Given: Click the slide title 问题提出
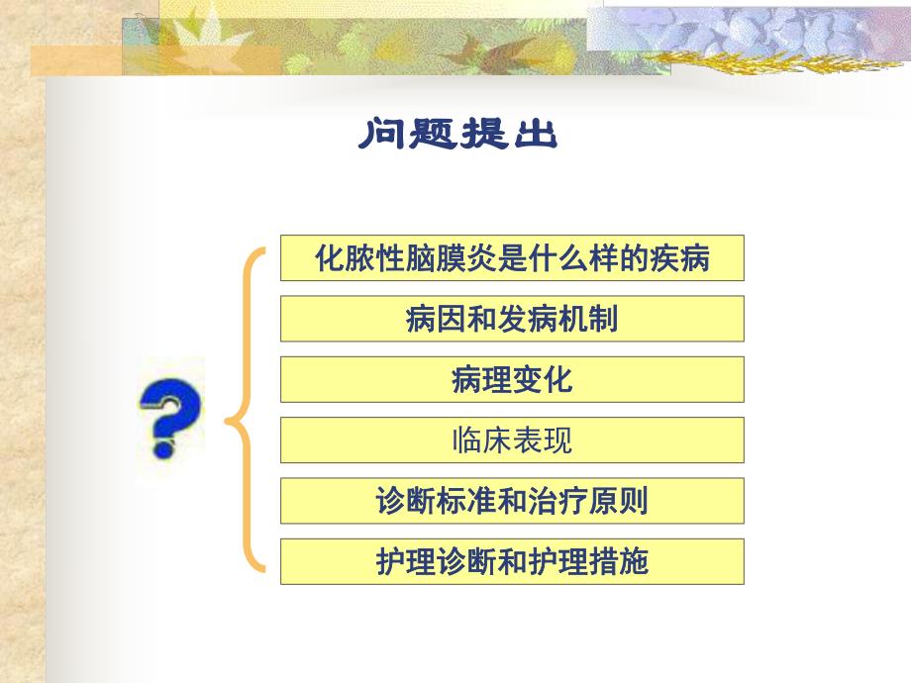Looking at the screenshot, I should point(457,135).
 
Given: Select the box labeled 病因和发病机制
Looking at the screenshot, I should point(512,320).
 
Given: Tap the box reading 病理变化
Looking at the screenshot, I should point(512,380).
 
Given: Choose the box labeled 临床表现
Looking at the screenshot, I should point(512,440).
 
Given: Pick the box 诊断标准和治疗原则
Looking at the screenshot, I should point(512,501).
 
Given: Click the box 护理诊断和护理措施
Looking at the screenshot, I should point(512,561).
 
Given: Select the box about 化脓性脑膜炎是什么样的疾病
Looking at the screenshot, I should point(512,259).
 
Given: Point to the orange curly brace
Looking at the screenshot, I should point(248,409).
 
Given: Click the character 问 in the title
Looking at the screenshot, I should point(382,135).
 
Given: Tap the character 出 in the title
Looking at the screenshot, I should point(535,135).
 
